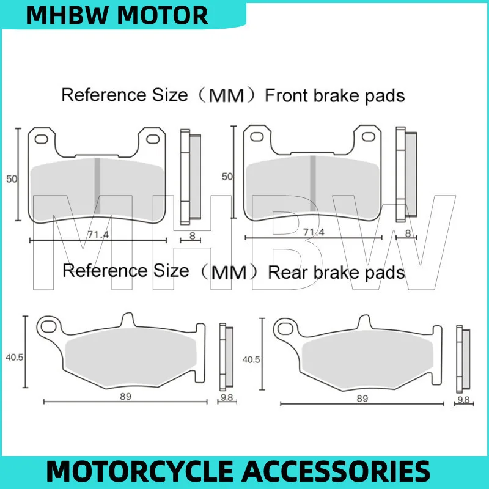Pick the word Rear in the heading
[285, 271]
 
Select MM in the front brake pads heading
[224, 96]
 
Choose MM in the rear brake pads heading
[229, 272]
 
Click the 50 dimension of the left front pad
[12, 179]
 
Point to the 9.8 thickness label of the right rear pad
[463, 400]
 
